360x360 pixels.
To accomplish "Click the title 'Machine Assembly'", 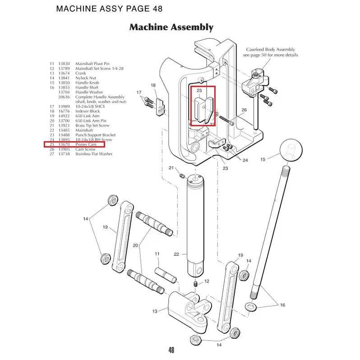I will pyautogui.click(x=171, y=27).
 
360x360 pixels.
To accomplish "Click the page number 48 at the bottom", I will pyautogui.click(x=171, y=350).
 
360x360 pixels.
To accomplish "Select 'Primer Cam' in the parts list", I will pyautogui.click(x=86, y=144).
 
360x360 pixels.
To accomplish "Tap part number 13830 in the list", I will pyautogui.click(x=64, y=64).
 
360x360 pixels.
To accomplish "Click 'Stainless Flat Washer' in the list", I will pyautogui.click(x=94, y=154).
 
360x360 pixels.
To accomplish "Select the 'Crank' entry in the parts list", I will pyautogui.click(x=81, y=74).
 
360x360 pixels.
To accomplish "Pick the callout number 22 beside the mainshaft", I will pyautogui.click(x=177, y=254).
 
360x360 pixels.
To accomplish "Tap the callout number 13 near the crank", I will pyautogui.click(x=155, y=311).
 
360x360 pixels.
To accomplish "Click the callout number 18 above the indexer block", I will pyautogui.click(x=153, y=85).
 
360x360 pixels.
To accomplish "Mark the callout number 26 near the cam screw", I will pyautogui.click(x=244, y=110).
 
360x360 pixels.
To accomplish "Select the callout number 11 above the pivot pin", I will pyautogui.click(x=157, y=254).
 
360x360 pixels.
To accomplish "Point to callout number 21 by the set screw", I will pyautogui.click(x=171, y=168).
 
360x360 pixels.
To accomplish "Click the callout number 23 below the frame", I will pyautogui.click(x=225, y=168).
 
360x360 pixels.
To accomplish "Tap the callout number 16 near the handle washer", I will pyautogui.click(x=282, y=305).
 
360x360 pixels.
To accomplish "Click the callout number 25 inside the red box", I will pyautogui.click(x=198, y=91).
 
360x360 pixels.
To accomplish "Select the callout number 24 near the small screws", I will pyautogui.click(x=245, y=160).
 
